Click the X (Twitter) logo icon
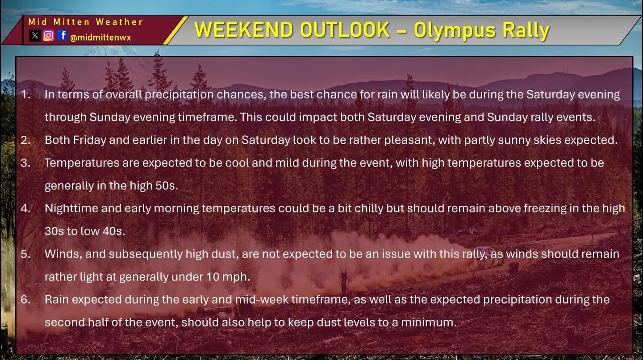point(35,36)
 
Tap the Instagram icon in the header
point(49,36)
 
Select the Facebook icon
point(63,35)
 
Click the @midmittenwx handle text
point(100,38)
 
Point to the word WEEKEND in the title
point(243,29)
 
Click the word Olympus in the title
point(455,31)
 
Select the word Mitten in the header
point(71,22)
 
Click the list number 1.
point(26,94)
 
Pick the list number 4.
point(25,209)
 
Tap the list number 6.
point(25,299)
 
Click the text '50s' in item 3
point(167,186)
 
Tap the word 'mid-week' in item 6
point(262,299)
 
